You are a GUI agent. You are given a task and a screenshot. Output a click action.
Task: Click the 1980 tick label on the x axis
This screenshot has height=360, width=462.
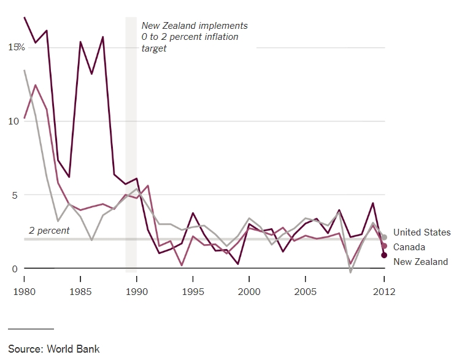24,291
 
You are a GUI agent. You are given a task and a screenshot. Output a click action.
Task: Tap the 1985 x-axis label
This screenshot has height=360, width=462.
80,291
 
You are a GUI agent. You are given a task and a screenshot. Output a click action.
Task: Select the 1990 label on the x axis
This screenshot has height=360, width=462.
137,291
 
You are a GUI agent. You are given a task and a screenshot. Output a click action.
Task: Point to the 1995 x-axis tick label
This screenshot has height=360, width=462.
193,291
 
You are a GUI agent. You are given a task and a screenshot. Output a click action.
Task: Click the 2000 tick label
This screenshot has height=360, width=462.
249,291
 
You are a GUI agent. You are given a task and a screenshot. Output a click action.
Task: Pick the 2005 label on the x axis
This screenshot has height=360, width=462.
305,291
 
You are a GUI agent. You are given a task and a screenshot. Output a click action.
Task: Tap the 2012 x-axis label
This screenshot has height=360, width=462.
383,291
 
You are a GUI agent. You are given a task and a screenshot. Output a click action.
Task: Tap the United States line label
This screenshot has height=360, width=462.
422,232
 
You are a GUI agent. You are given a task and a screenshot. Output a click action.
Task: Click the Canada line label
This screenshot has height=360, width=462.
409,247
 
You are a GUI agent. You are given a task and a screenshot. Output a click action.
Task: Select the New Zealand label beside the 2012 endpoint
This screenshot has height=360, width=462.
420,262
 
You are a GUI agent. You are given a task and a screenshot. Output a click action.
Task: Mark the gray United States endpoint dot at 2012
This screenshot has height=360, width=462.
384,237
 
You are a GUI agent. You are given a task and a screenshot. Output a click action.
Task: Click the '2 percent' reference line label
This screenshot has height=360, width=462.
49,231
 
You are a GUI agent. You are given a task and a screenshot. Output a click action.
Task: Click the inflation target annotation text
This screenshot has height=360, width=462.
194,37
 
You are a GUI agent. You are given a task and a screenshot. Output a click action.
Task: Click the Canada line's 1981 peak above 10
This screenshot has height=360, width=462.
36,85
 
